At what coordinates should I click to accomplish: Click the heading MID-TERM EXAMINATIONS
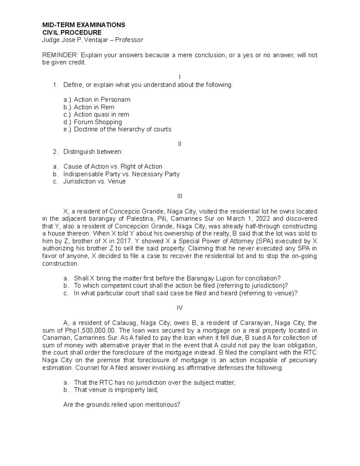(84, 25)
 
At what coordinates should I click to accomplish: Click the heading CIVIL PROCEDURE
(72, 32)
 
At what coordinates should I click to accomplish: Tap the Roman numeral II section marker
(180, 144)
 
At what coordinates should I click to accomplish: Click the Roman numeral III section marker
(180, 196)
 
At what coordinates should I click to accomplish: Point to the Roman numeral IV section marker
(180, 308)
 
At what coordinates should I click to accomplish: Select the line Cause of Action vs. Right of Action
(112, 167)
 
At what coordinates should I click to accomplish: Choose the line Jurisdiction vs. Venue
(94, 181)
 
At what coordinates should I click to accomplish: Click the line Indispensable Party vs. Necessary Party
(121, 174)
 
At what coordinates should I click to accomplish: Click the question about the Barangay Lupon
(177, 278)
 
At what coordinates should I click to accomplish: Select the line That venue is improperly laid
(115, 390)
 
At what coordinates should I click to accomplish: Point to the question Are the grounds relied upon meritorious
(122, 404)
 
